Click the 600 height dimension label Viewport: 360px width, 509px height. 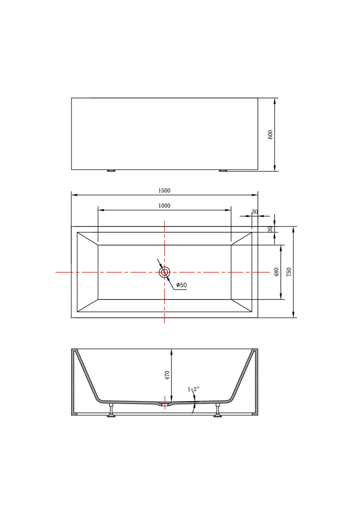tap(270, 134)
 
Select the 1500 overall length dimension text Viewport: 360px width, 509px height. tap(164, 191)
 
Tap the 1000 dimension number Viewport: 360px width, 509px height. tap(164, 206)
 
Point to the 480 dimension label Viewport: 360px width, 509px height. tap(277, 272)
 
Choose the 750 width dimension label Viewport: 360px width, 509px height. tap(289, 272)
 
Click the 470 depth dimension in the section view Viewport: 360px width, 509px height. tap(167, 375)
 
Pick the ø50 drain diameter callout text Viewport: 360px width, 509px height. tap(181, 285)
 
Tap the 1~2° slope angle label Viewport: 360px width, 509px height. tap(193, 389)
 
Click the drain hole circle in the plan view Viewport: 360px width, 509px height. tap(165, 272)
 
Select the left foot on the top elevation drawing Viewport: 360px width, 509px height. tap(111, 171)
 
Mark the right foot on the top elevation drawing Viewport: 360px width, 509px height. tap(224, 171)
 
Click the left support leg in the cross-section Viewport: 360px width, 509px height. tap(111, 411)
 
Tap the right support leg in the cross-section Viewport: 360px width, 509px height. tap(218, 411)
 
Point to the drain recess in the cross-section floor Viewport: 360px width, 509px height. tap(165, 404)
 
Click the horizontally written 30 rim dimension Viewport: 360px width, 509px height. tap(255, 212)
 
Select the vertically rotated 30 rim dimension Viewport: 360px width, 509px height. tap(270, 229)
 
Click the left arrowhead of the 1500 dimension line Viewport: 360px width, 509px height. tap(74, 195)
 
